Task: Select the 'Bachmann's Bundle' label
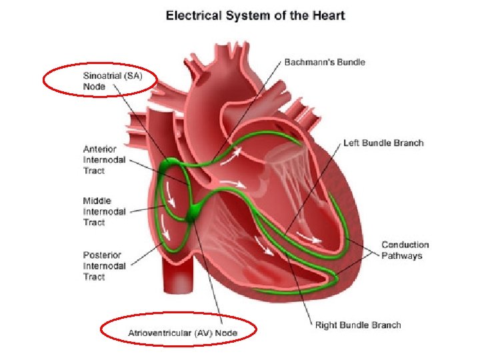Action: [325, 62]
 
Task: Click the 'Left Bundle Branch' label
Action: [383, 143]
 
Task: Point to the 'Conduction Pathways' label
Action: [405, 250]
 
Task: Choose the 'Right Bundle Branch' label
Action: [358, 325]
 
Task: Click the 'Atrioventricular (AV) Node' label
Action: [183, 332]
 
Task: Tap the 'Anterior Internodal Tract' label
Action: [105, 160]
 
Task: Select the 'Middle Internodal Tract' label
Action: [105, 211]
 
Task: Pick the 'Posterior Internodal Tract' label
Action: [105, 265]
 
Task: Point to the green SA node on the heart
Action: [167, 165]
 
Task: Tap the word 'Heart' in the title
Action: [329, 14]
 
